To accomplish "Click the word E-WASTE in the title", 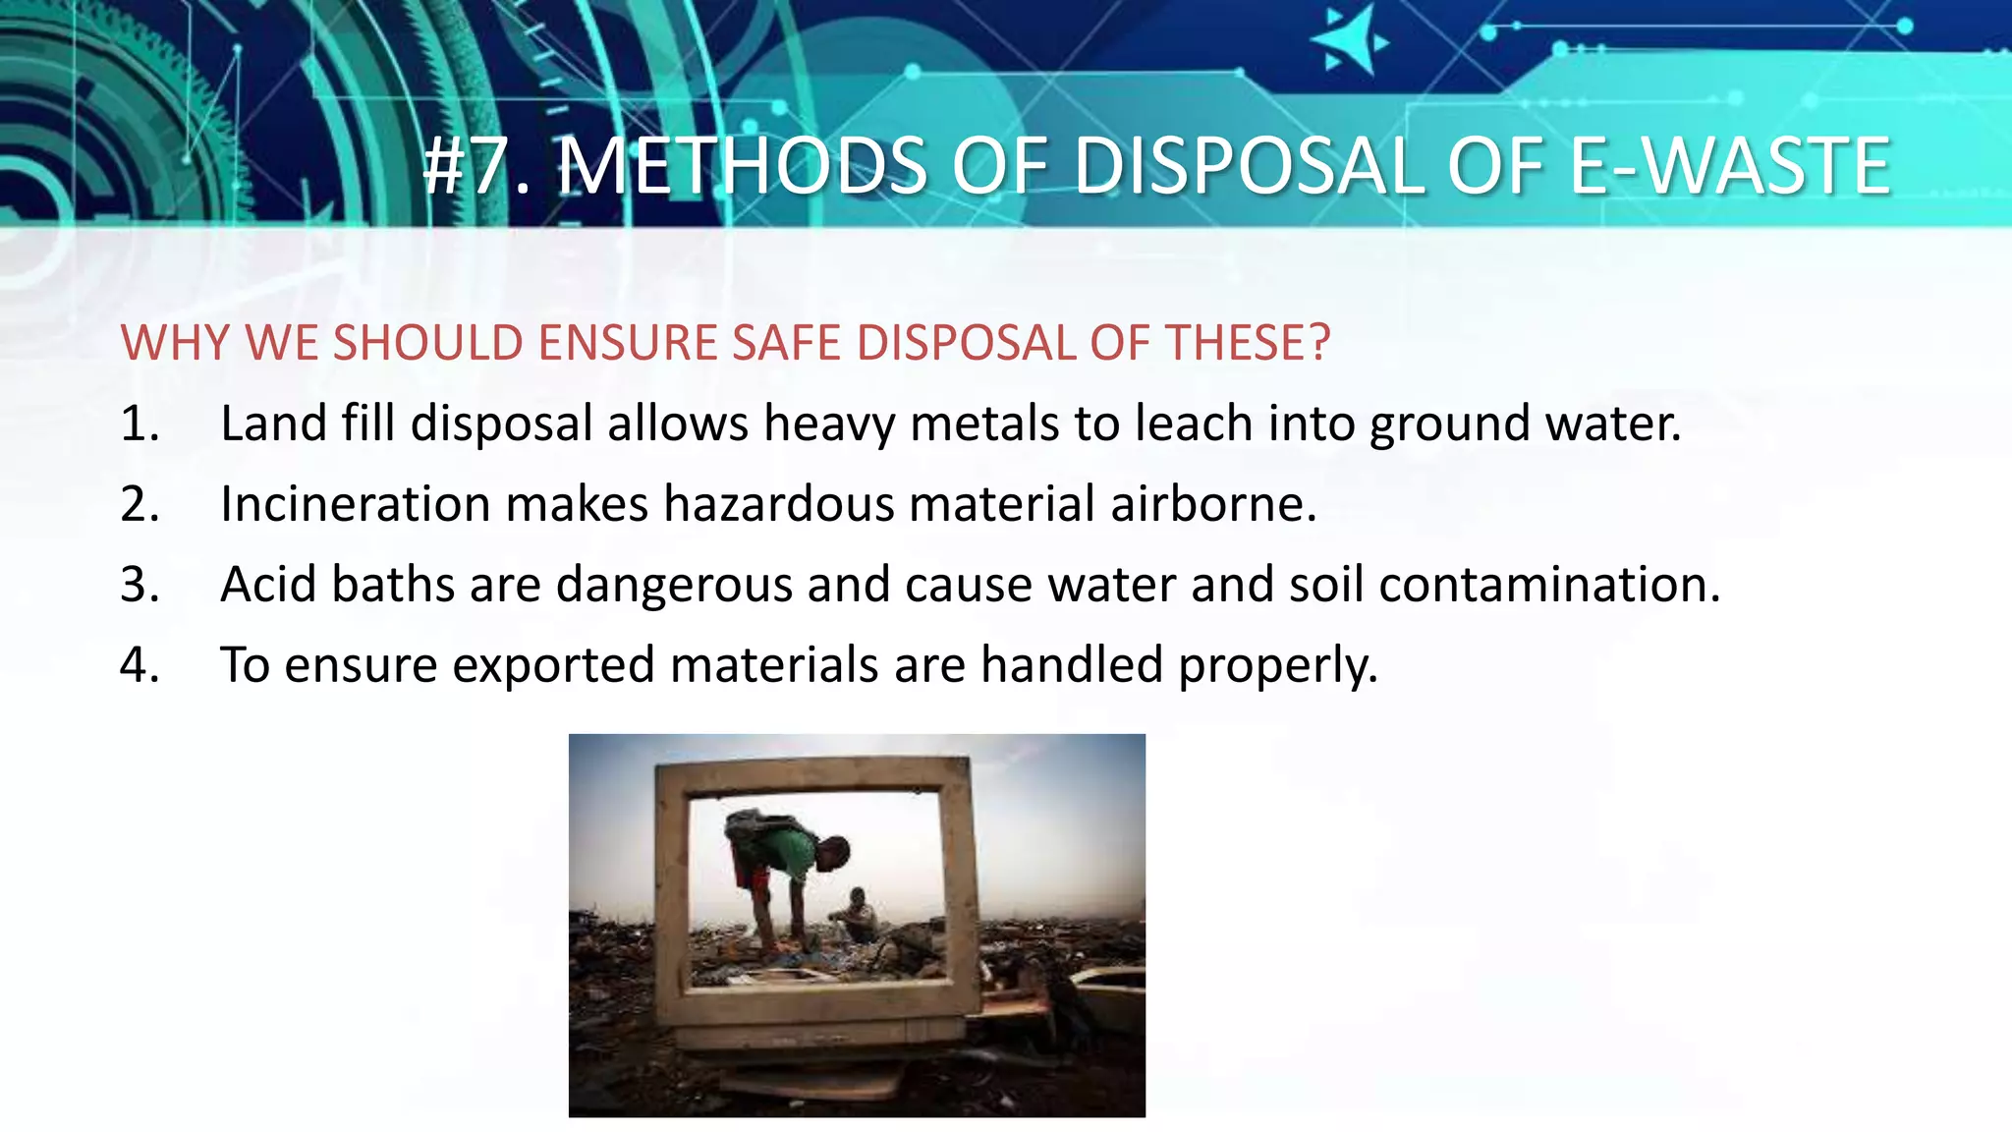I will pos(1729,166).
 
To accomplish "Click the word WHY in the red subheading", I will pos(174,343).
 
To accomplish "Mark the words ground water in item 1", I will pos(1525,424).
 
